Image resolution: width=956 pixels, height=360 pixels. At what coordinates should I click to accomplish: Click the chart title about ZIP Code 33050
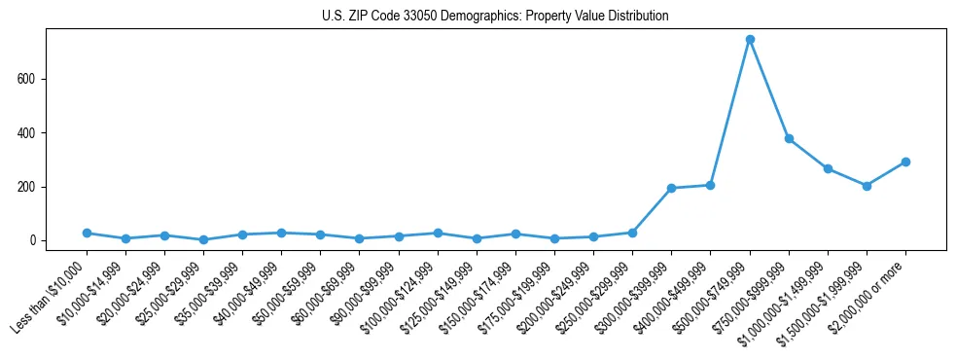point(495,16)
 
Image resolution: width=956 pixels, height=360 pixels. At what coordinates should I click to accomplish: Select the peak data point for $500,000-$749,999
point(750,40)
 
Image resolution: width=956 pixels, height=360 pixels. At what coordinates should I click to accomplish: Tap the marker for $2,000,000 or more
point(905,162)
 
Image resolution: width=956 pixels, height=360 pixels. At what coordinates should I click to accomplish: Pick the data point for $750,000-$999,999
point(789,138)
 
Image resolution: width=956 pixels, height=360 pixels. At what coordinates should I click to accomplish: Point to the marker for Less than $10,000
point(87,234)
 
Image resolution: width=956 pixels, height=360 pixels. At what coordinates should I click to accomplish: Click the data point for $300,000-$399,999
point(671,188)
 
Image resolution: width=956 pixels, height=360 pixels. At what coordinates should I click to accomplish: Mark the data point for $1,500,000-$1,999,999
point(867,186)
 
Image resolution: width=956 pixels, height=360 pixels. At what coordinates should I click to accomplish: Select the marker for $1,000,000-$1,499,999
point(828,168)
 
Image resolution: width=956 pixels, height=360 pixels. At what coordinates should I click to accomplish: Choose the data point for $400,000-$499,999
point(710,185)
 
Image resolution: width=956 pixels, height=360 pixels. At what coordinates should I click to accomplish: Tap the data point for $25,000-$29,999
point(203,239)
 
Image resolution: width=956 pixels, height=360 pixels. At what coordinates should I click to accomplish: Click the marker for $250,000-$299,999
point(632,233)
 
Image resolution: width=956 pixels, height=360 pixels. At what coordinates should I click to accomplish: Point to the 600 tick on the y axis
point(34,79)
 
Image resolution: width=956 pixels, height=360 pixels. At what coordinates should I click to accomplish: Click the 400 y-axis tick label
point(34,132)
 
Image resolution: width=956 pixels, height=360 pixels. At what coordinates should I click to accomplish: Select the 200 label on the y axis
point(34,187)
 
